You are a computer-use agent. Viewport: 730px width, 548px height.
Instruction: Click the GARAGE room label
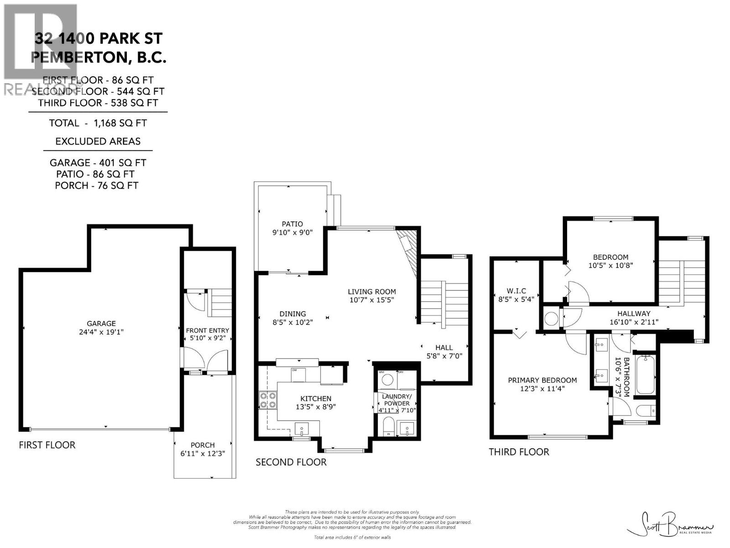[101, 327]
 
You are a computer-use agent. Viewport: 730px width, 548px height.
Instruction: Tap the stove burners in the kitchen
[267, 400]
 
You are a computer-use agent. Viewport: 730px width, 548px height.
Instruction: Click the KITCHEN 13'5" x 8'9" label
[316, 402]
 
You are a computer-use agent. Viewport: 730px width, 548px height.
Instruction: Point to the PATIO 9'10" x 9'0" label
[292, 228]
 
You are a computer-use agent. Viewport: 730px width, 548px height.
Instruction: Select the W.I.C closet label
[516, 295]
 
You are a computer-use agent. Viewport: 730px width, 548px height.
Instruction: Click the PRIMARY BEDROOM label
[542, 384]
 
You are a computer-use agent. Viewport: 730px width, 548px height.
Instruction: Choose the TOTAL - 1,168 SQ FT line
[98, 123]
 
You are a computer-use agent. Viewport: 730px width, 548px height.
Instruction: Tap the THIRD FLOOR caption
[519, 452]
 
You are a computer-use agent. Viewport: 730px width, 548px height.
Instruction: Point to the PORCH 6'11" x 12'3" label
[203, 449]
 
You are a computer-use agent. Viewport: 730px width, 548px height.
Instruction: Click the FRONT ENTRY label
[208, 334]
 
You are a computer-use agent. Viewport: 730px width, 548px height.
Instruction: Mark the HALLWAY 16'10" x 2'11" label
[634, 317]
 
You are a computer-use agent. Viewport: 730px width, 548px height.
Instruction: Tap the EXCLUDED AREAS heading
[98, 142]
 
